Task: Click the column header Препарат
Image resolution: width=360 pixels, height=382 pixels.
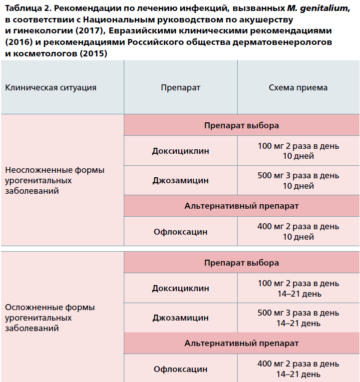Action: tap(180, 87)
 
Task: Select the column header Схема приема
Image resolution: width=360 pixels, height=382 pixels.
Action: tap(298, 87)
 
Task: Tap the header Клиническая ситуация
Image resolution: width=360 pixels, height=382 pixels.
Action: tap(50, 87)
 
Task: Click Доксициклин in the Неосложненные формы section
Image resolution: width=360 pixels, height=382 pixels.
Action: tap(180, 151)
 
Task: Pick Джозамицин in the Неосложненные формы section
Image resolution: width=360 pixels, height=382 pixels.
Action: tap(180, 180)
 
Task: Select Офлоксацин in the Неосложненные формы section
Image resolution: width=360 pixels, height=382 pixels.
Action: tap(180, 232)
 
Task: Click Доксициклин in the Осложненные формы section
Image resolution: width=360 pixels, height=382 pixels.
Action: tap(180, 289)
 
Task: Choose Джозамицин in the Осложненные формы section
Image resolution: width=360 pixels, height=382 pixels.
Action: tap(180, 318)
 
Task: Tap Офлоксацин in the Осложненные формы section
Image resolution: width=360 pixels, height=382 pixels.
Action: tap(180, 369)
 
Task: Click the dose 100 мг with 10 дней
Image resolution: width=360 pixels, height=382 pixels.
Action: tap(298, 151)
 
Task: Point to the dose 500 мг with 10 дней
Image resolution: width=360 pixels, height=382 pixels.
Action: tap(298, 180)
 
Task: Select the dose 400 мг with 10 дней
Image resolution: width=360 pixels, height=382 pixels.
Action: tap(298, 232)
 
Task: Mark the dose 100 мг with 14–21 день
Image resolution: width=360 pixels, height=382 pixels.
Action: tap(298, 289)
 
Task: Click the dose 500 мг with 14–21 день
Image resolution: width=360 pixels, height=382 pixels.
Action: tap(298, 318)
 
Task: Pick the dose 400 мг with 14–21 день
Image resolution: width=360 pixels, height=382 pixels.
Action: tap(298, 369)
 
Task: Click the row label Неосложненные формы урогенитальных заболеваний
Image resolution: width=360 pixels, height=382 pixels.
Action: tap(54, 180)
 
